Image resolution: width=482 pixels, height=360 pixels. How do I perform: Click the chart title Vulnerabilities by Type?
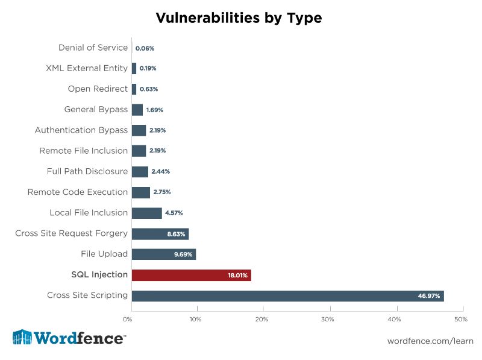(239, 18)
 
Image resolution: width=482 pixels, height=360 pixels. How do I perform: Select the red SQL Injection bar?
(191, 275)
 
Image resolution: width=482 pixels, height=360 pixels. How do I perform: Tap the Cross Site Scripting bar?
(287, 295)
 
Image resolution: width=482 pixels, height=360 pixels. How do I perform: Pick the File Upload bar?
(163, 254)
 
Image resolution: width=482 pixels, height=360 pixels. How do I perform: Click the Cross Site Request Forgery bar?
(160, 234)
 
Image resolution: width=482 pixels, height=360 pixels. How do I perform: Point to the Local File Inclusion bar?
(146, 213)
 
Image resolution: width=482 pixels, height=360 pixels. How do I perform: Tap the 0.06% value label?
(145, 48)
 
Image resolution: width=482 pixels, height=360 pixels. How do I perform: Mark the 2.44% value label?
(160, 172)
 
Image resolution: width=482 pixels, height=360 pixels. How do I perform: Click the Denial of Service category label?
(93, 48)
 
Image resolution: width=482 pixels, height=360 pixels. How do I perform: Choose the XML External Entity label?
(87, 68)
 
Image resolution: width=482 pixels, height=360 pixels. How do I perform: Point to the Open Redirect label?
(98, 89)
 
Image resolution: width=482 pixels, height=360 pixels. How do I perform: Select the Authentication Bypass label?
(81, 130)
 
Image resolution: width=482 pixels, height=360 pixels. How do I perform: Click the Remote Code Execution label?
(78, 192)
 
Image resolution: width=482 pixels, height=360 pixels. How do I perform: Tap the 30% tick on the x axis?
(328, 319)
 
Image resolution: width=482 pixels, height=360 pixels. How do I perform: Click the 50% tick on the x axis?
(460, 319)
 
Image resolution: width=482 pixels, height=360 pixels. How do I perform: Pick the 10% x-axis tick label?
(196, 319)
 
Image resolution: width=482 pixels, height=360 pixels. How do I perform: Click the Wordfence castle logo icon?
(22, 338)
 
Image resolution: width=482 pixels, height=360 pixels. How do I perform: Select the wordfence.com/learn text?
(430, 341)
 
